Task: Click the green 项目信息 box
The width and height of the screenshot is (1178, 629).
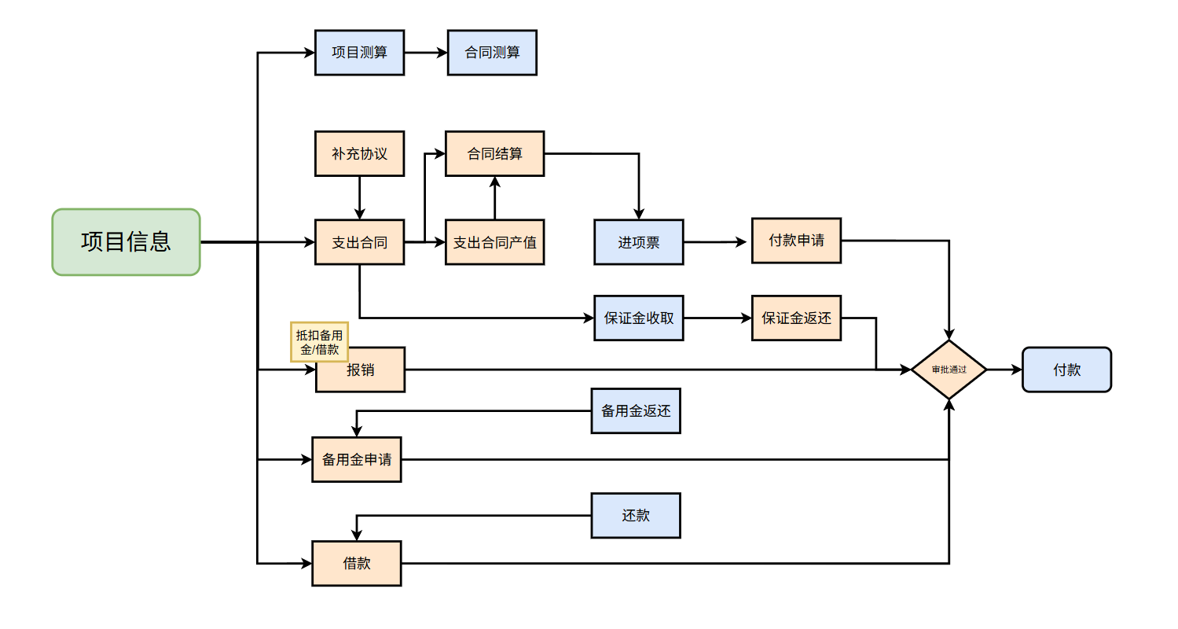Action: click(x=127, y=242)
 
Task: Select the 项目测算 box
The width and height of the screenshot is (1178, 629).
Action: click(x=359, y=53)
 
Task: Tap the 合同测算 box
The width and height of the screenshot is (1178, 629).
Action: click(x=492, y=53)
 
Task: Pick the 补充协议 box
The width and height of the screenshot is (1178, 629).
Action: click(x=359, y=153)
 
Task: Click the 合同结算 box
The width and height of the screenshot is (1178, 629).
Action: click(x=495, y=153)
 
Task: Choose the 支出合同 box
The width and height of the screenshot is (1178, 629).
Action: click(x=359, y=242)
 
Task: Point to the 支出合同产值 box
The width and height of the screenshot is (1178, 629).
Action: click(x=495, y=242)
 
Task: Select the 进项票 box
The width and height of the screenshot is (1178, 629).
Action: click(x=639, y=242)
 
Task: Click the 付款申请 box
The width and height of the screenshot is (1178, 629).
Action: click(x=796, y=241)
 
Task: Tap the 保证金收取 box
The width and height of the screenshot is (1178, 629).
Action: click(x=639, y=318)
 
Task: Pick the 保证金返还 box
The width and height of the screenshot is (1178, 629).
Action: click(x=796, y=318)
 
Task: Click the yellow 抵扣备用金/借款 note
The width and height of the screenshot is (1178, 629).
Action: click(x=319, y=342)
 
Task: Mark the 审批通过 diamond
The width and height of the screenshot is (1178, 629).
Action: click(x=949, y=370)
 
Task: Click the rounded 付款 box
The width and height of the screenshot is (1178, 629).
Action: click(x=1066, y=370)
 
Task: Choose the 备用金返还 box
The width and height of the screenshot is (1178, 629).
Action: click(x=636, y=410)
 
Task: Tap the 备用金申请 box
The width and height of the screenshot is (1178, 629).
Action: click(x=357, y=460)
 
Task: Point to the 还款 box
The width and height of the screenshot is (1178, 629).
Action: click(x=636, y=516)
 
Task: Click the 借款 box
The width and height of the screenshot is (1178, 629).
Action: click(x=357, y=563)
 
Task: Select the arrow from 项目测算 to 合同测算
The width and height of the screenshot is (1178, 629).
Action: click(x=425, y=53)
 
